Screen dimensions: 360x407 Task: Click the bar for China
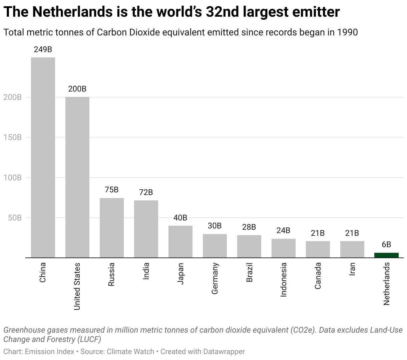coord(43,157)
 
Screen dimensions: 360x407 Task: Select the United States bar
coord(77,177)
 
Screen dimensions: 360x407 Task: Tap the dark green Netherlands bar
coord(386,255)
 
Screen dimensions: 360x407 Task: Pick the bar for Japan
coord(180,242)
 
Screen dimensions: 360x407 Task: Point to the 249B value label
coord(43,49)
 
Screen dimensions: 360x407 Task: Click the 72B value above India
coord(146,192)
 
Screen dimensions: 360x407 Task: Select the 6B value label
coord(386,244)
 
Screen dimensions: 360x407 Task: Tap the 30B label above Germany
coord(215,226)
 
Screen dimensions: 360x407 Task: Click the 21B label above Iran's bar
coord(352,233)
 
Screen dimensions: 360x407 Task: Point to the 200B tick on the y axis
coord(13,97)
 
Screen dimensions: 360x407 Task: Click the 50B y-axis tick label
coord(14,218)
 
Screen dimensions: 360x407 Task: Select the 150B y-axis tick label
coord(13,137)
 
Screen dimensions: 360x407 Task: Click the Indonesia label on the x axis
coord(284,280)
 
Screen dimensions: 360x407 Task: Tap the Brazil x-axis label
coord(249,273)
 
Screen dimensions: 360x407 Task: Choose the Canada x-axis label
coord(318,276)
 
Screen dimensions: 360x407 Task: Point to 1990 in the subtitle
coord(347,32)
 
